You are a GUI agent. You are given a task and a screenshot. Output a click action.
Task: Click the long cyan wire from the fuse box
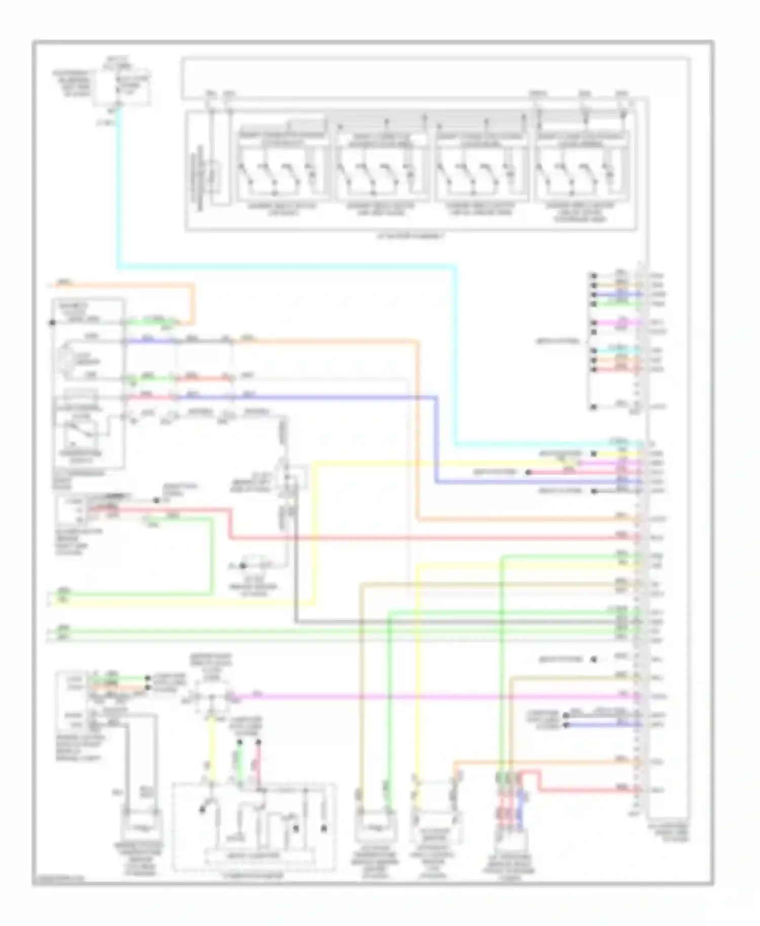click(284, 266)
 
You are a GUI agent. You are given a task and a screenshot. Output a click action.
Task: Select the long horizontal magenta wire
click(436, 697)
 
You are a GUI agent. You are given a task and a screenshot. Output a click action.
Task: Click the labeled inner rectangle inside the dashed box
click(259, 856)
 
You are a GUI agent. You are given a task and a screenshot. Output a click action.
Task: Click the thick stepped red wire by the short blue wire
click(583, 790)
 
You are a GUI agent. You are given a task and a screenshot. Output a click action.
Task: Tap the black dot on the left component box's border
click(53, 323)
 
